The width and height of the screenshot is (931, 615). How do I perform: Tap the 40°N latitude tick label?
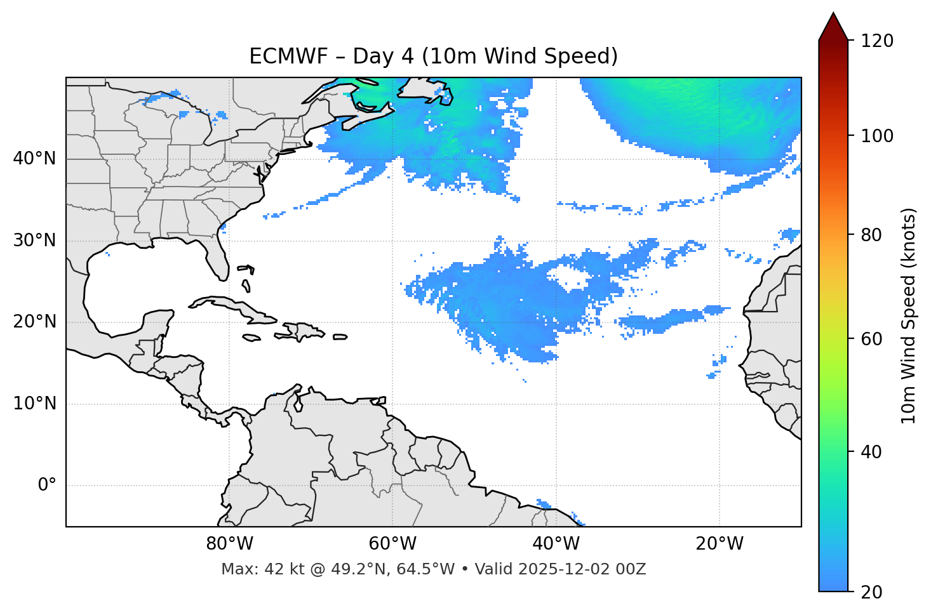coord(34,159)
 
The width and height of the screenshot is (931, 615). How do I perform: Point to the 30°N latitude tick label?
coord(34,241)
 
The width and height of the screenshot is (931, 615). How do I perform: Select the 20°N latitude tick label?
coord(34,322)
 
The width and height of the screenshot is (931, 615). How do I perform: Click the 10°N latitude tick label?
coord(34,404)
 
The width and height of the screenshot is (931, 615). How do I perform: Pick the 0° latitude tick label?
coord(47,486)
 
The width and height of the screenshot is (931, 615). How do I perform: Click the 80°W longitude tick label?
coord(229,544)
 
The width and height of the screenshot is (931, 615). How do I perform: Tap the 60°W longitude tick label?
coord(392,544)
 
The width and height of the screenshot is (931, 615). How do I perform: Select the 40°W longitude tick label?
coord(556,544)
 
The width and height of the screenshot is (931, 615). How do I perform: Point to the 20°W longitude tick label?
coord(719,544)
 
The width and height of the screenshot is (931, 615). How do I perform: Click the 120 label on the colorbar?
coord(876,41)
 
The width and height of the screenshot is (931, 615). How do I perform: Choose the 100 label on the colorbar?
coord(876,136)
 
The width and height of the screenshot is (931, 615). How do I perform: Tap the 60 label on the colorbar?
coord(873,339)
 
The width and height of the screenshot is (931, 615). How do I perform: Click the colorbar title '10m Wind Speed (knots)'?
coord(909,315)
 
